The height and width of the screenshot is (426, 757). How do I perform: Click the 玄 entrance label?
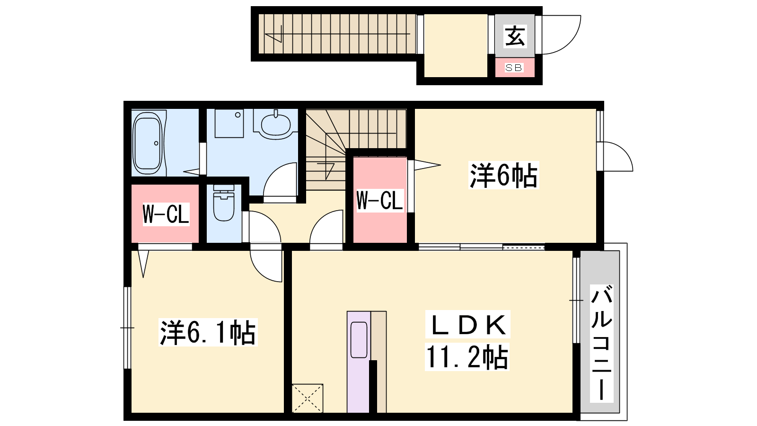tap(515, 36)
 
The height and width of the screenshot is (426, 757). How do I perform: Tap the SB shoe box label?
tap(514, 68)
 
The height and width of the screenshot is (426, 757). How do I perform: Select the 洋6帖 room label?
tap(503, 176)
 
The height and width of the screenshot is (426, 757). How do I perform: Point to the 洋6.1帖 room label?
tap(208, 332)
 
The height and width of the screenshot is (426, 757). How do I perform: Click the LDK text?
tap(468, 324)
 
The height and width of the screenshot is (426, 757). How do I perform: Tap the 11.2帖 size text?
tap(467, 357)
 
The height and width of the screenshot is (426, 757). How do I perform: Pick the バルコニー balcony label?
tap(601, 343)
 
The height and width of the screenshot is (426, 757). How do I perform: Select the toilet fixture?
tap(224, 203)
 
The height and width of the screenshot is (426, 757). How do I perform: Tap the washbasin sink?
tap(275, 125)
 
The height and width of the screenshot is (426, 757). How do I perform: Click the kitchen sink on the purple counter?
tap(359, 340)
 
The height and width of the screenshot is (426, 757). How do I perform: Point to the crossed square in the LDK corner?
tap(307, 398)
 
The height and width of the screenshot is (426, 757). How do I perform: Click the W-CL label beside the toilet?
tap(166, 214)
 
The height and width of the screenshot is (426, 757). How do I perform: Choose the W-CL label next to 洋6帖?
tap(380, 201)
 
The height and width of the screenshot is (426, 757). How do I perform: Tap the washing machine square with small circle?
tap(229, 124)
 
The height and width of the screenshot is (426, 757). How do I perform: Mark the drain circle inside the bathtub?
tap(156, 143)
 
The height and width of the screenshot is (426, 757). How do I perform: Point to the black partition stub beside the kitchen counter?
tap(373, 386)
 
